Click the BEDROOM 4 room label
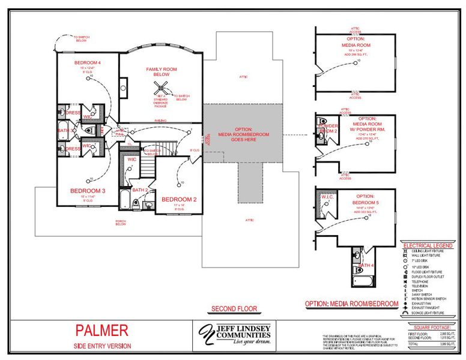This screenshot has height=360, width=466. [x=88, y=62]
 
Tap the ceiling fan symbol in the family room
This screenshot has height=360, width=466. [x=161, y=86]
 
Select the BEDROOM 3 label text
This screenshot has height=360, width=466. [x=88, y=191]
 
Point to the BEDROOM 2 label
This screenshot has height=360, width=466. [x=180, y=199]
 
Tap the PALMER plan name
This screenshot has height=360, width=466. [x=101, y=329]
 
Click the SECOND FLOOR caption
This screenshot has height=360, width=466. [x=234, y=309]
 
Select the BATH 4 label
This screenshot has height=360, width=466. [x=366, y=265]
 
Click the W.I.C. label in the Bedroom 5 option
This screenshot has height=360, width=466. [x=327, y=196]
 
